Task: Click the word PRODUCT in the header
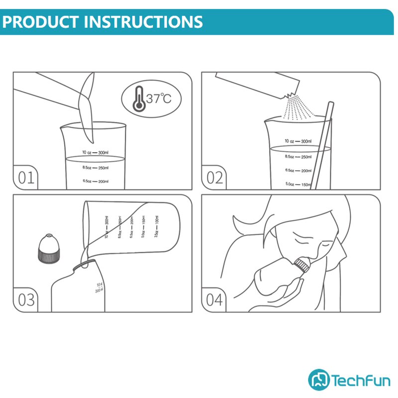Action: (x=40, y=22)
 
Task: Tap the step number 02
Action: (x=214, y=178)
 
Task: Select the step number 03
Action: (x=26, y=300)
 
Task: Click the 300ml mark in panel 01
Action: (x=103, y=152)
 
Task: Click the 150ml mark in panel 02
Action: (x=302, y=185)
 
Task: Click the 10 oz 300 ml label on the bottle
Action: (x=99, y=287)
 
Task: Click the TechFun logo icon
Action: (x=318, y=379)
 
